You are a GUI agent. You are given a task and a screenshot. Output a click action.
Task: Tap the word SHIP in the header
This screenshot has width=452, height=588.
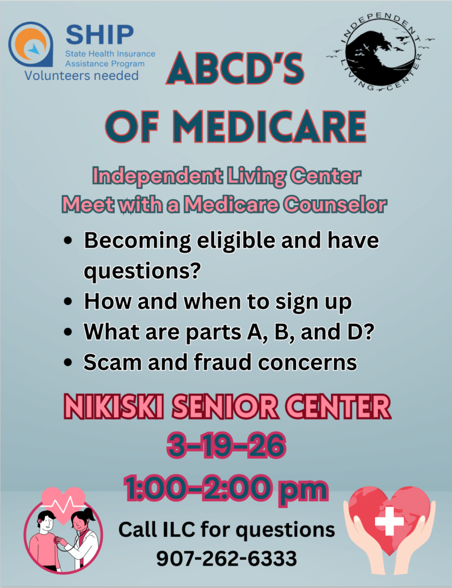click(x=99, y=35)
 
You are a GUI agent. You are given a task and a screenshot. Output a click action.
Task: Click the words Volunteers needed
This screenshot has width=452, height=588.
click(x=81, y=75)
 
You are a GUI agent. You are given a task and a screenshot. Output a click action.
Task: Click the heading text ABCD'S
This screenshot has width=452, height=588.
click(x=235, y=69)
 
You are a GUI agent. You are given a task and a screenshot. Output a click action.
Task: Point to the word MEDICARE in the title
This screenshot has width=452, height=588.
click(x=269, y=126)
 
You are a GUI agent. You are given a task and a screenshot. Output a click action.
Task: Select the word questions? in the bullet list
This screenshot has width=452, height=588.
click(x=142, y=271)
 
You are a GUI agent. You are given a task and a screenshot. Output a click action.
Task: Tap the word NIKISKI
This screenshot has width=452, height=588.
click(x=114, y=407)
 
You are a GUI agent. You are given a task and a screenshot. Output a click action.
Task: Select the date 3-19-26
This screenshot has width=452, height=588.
click(x=226, y=446)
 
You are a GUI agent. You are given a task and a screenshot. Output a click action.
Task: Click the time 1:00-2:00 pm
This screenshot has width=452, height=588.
click(x=226, y=488)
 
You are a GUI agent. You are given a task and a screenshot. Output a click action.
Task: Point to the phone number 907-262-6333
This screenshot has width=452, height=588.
click(x=226, y=558)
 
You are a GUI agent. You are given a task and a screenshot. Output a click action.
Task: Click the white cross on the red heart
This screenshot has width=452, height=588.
click(x=389, y=521)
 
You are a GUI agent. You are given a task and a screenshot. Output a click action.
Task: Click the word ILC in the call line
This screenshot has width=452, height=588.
click(x=179, y=529)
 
